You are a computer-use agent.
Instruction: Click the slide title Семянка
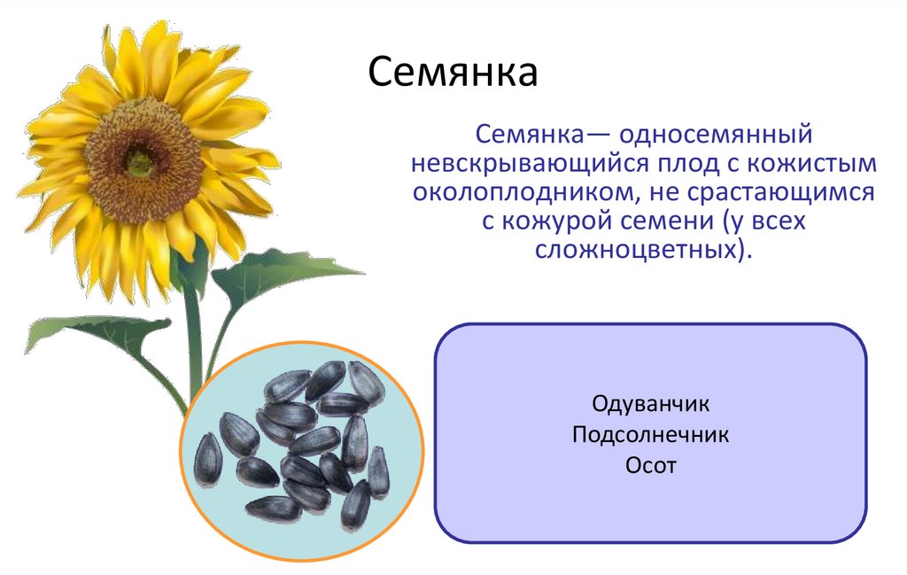[x=453, y=73]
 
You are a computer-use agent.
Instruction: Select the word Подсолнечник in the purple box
[x=651, y=435]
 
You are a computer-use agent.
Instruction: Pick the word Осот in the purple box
[x=651, y=465]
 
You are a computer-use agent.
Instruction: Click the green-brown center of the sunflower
[x=139, y=162]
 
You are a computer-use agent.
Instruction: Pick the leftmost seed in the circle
[x=208, y=458]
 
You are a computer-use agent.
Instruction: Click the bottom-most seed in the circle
[x=273, y=508]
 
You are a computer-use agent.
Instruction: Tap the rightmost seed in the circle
[x=378, y=470]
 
